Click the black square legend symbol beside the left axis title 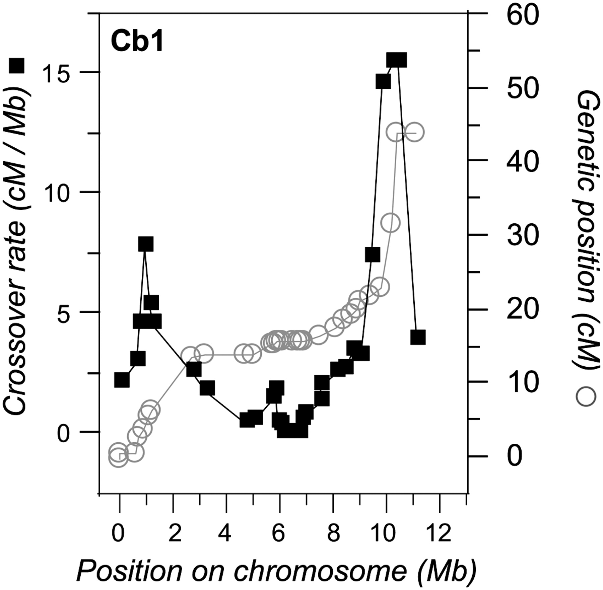click(x=17, y=65)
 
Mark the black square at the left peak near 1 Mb click(x=145, y=244)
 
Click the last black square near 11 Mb click(x=418, y=337)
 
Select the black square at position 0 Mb click(x=122, y=380)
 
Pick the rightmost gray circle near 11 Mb click(x=414, y=132)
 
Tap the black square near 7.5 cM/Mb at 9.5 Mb click(x=373, y=255)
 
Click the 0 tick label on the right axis click(x=515, y=456)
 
